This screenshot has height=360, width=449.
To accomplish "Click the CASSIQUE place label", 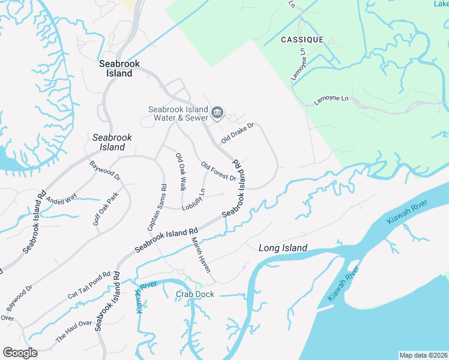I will (302, 40).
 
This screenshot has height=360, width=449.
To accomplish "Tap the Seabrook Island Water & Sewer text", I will (178, 113).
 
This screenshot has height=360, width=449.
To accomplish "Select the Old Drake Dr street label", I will (238, 133).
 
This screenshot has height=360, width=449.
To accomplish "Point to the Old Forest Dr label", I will (218, 171).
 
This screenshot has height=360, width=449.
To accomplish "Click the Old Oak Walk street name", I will (180, 172).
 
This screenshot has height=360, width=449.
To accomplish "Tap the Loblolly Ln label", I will (194, 200).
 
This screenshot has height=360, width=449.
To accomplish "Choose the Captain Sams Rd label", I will (157, 208).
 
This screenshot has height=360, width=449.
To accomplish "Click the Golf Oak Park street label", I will (106, 209).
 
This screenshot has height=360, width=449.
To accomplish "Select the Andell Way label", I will (62, 199).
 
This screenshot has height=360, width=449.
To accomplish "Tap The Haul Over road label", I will (73, 330).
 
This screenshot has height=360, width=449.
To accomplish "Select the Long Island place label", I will (283, 248).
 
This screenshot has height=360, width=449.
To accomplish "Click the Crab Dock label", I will (194, 295).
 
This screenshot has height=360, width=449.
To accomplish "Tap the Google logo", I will (20, 353).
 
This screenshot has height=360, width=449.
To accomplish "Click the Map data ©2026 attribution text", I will (423, 355).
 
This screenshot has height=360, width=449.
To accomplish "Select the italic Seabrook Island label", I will (109, 142).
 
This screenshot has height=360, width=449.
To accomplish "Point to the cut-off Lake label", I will (441, 4).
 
